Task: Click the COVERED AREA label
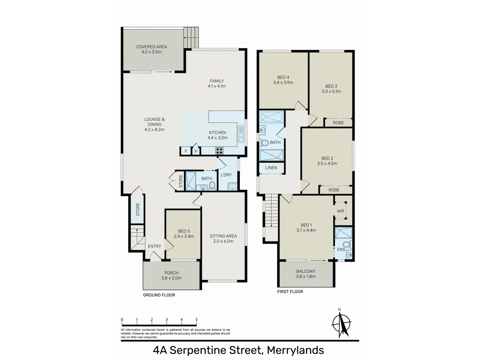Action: [151, 47]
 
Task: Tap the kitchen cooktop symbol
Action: [219, 151]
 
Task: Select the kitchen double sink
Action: [241, 134]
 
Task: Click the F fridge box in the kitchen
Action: [186, 151]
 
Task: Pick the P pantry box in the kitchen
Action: [196, 152]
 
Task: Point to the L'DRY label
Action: [226, 175]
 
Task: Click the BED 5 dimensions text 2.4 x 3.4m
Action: [184, 236]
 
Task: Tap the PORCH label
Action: [171, 273]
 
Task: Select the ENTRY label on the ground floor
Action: [154, 246]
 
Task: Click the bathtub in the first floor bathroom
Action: [271, 117]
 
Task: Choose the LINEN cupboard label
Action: [271, 168]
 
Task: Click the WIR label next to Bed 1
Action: [340, 211]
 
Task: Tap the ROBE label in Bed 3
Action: [338, 123]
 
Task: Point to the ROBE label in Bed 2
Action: [334, 190]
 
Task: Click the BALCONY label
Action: [306, 271]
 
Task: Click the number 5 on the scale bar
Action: [196, 320]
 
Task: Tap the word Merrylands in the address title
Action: [295, 350]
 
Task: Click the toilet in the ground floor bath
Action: [212, 185]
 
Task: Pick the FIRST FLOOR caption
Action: [290, 292]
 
